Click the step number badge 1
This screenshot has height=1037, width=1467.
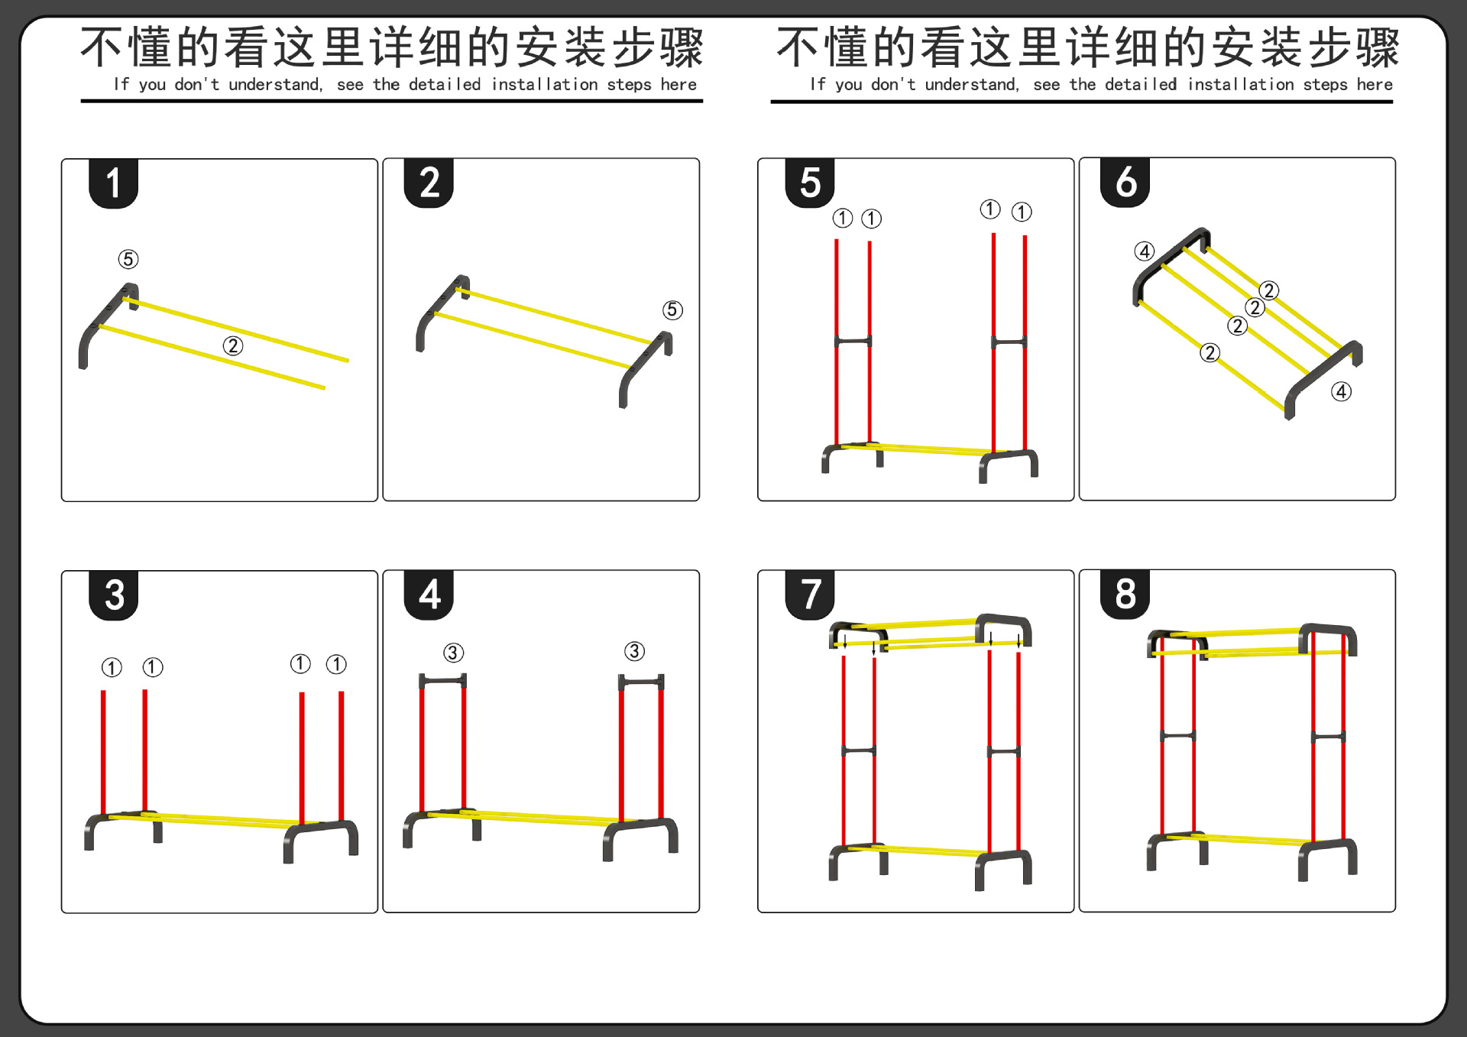coord(114,183)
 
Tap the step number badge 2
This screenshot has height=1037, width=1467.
coord(429,183)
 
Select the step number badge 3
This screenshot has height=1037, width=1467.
coord(114,595)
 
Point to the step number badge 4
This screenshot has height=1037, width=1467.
coord(429,595)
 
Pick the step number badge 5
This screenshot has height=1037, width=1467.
coord(810,183)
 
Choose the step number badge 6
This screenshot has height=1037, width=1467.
coord(1125,183)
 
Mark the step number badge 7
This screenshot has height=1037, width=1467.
coord(810,595)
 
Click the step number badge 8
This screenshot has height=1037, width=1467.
coord(1125,594)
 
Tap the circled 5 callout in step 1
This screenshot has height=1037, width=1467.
coord(128,259)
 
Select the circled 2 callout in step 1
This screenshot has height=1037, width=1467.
coord(233,346)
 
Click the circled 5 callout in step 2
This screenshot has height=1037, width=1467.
coord(672,309)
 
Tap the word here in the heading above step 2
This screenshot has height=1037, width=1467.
coord(678,85)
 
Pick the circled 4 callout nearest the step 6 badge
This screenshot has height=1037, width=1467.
coord(1145,251)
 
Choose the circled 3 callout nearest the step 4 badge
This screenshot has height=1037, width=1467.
coord(454,653)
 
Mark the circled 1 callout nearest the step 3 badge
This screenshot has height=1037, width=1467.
coord(112,668)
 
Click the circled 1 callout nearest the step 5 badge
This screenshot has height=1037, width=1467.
coord(843,219)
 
